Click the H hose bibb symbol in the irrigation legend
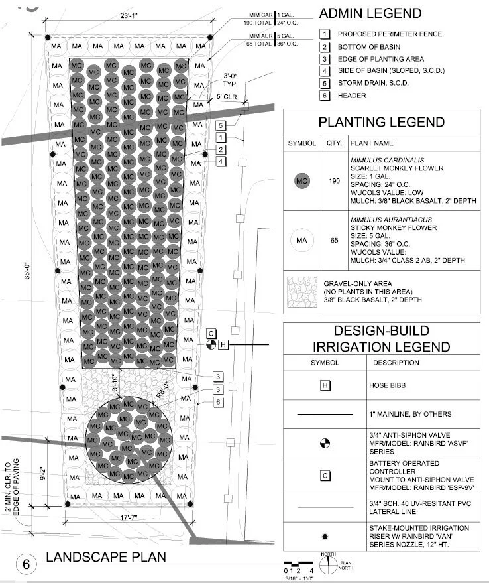point(325,385)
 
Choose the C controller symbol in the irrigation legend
point(325,475)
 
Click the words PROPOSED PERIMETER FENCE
point(390,34)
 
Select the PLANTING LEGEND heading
point(381,122)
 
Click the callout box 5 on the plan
point(219,125)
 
